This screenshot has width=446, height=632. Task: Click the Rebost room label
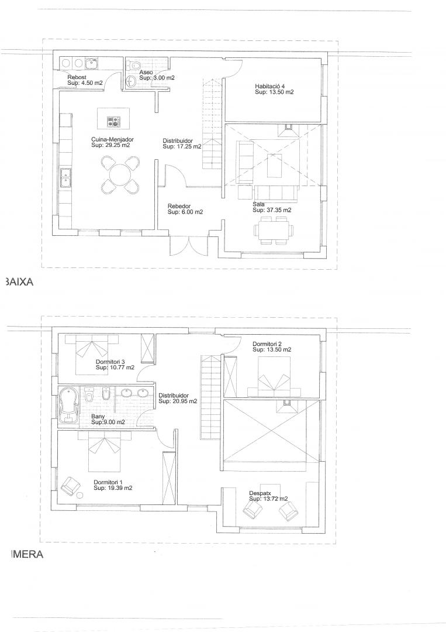[77, 77]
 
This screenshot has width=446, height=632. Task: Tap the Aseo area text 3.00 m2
[163, 77]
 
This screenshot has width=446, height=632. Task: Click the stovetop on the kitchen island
[113, 121]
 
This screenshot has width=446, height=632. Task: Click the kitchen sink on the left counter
[65, 178]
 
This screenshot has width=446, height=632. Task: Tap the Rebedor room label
[179, 207]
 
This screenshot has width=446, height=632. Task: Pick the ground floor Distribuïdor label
[178, 141]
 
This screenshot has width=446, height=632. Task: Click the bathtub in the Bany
[68, 406]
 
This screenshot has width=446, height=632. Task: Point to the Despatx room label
[260, 493]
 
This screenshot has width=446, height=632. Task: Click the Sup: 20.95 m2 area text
[178, 401]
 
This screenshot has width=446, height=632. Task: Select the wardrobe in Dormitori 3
[146, 348]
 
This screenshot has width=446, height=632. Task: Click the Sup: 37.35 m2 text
[272, 210]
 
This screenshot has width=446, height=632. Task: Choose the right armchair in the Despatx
[289, 511]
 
